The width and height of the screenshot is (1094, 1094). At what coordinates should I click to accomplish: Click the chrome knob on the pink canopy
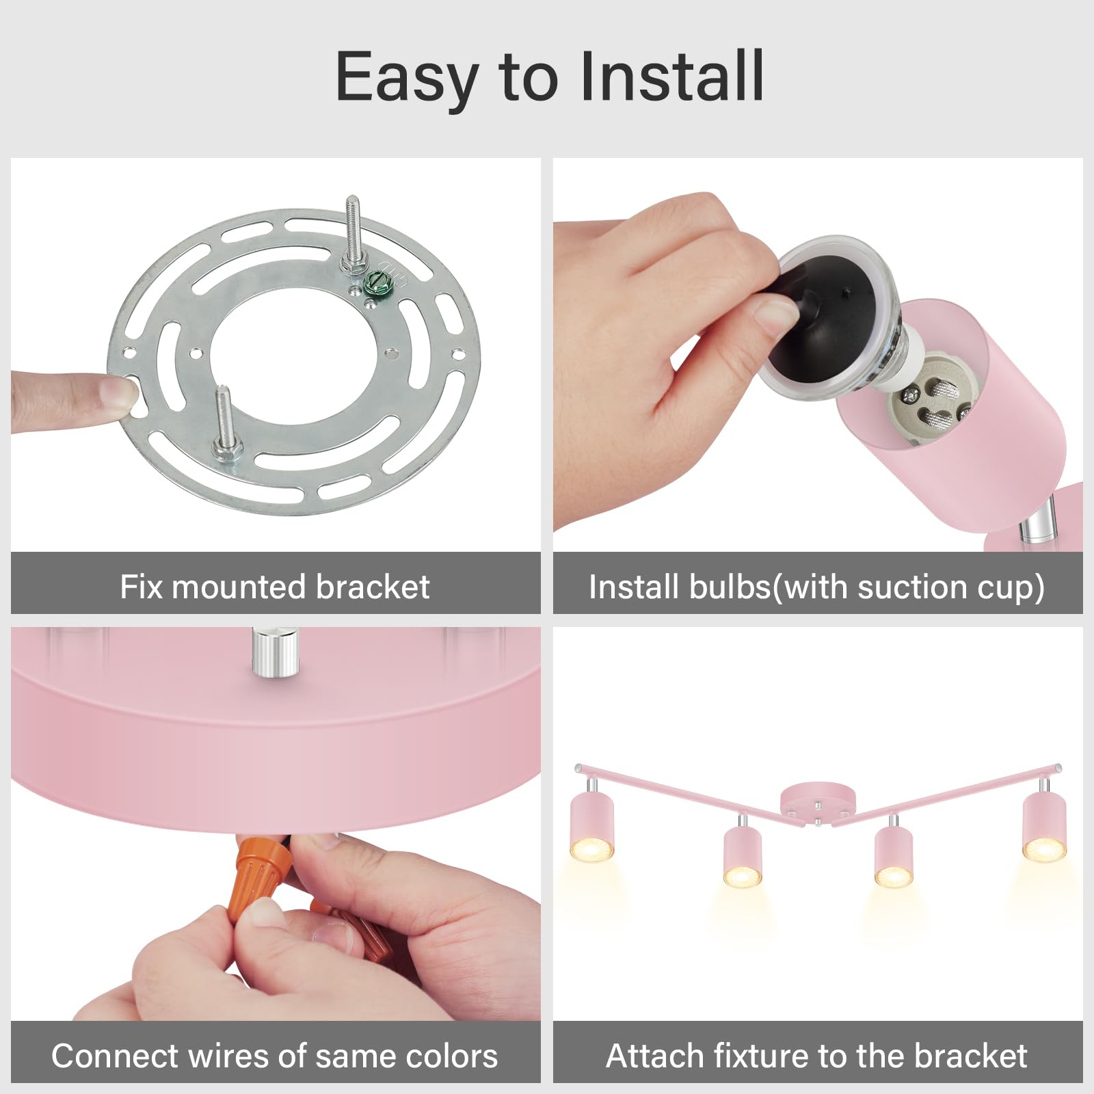pos(275,653)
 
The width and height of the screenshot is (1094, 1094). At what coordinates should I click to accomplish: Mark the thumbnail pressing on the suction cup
pos(776,316)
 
